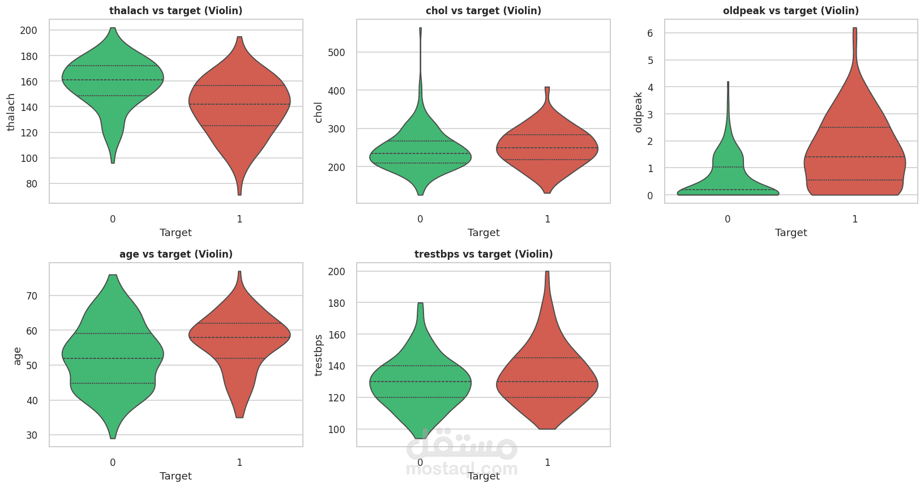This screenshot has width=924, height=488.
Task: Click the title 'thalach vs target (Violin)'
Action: coord(176,11)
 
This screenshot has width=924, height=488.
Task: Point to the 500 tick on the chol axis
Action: coord(337,53)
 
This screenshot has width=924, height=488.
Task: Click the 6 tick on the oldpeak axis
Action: coord(650,33)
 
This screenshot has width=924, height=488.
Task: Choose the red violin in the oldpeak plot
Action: coord(855,136)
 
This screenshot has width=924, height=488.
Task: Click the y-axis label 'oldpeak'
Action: coord(638,112)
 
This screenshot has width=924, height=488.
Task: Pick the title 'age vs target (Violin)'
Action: coord(176,254)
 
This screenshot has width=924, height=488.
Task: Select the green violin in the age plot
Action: coord(113,355)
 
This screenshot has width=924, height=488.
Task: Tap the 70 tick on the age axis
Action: coord(31,296)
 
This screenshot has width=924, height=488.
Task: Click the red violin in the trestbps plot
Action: coord(547,371)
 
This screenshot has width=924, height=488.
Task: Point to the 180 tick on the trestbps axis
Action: coord(337,303)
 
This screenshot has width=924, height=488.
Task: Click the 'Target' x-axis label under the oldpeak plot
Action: coord(791,233)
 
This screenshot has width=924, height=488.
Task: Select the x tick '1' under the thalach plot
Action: coord(239,219)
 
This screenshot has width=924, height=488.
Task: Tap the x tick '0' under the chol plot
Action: coord(420,219)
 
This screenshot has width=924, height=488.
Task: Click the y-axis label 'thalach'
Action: coord(11,112)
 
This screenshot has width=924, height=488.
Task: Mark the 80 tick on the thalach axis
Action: coord(31,184)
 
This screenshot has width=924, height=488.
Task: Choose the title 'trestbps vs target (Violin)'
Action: coord(484,254)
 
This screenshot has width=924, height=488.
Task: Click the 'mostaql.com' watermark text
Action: coord(461,469)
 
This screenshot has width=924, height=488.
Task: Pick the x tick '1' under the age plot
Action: coord(239,463)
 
